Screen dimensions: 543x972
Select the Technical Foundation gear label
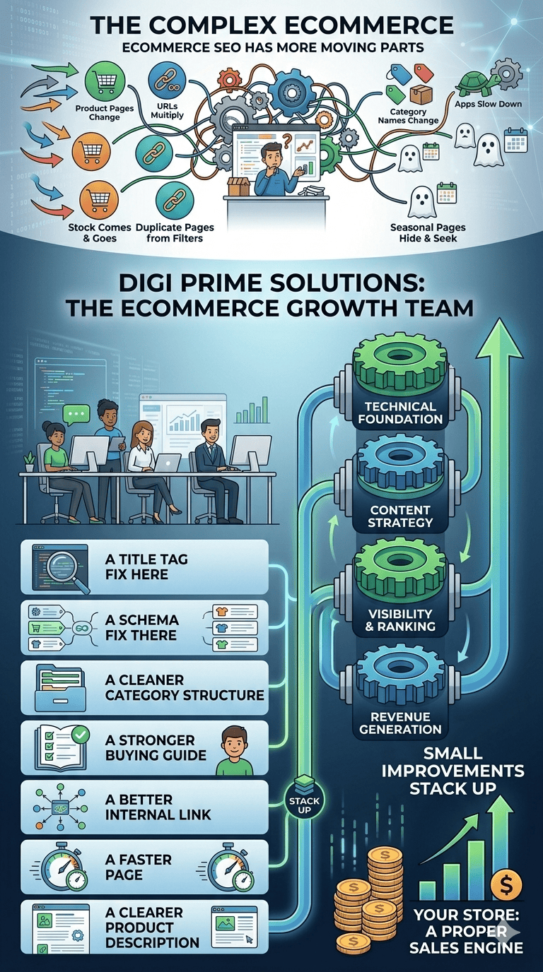coord(400,413)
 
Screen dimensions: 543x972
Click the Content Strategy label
coord(400,516)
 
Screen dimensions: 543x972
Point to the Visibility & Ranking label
coord(400,620)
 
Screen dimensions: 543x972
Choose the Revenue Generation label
coord(400,723)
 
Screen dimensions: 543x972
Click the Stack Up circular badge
coord(305,802)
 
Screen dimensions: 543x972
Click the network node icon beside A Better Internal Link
coord(60,807)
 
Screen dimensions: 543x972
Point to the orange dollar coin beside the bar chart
coord(506,884)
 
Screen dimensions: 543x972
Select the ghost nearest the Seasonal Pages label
coord(421,203)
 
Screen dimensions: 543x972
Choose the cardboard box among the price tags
coord(420,95)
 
